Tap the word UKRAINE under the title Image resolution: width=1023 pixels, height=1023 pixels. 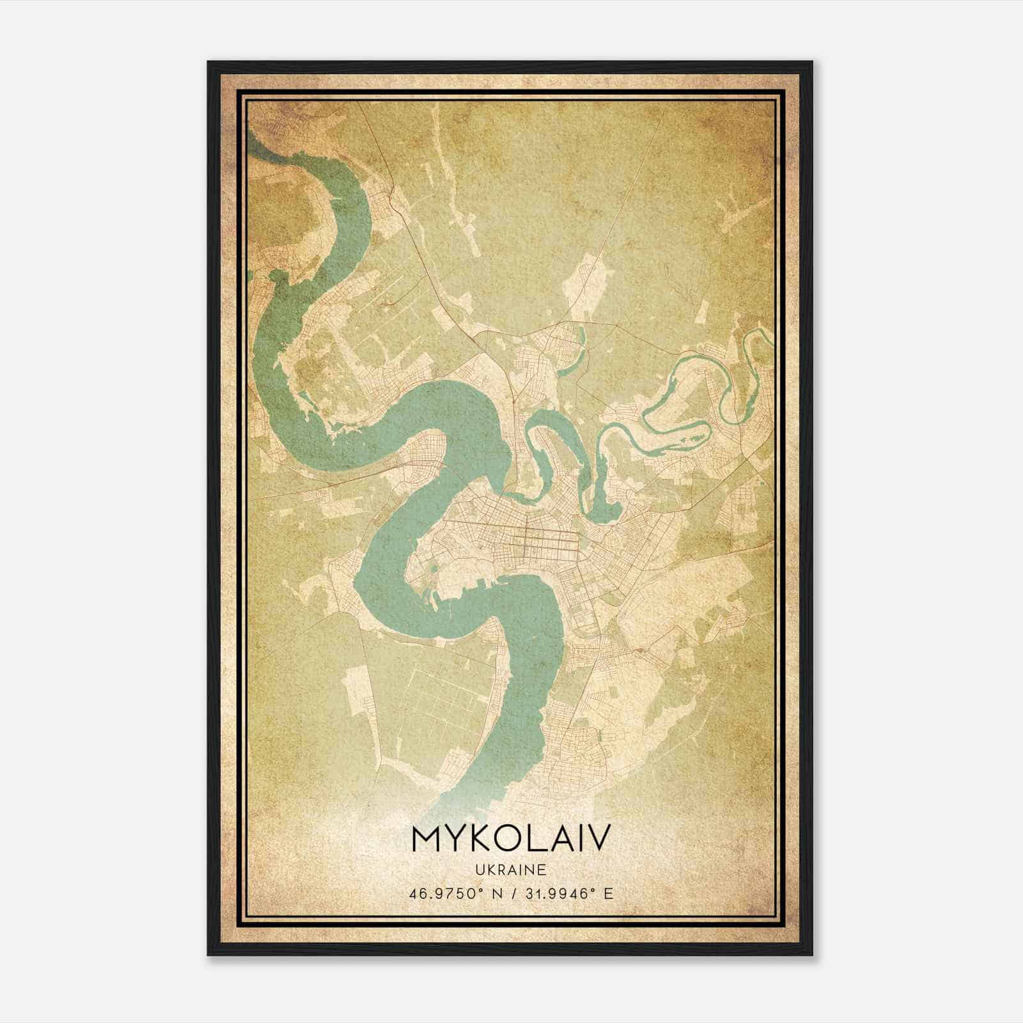[x=511, y=870]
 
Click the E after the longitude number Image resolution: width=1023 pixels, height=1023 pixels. [x=608, y=893]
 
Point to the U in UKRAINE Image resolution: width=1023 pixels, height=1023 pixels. [x=479, y=870]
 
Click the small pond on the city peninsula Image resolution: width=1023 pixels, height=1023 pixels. [x=435, y=567]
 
